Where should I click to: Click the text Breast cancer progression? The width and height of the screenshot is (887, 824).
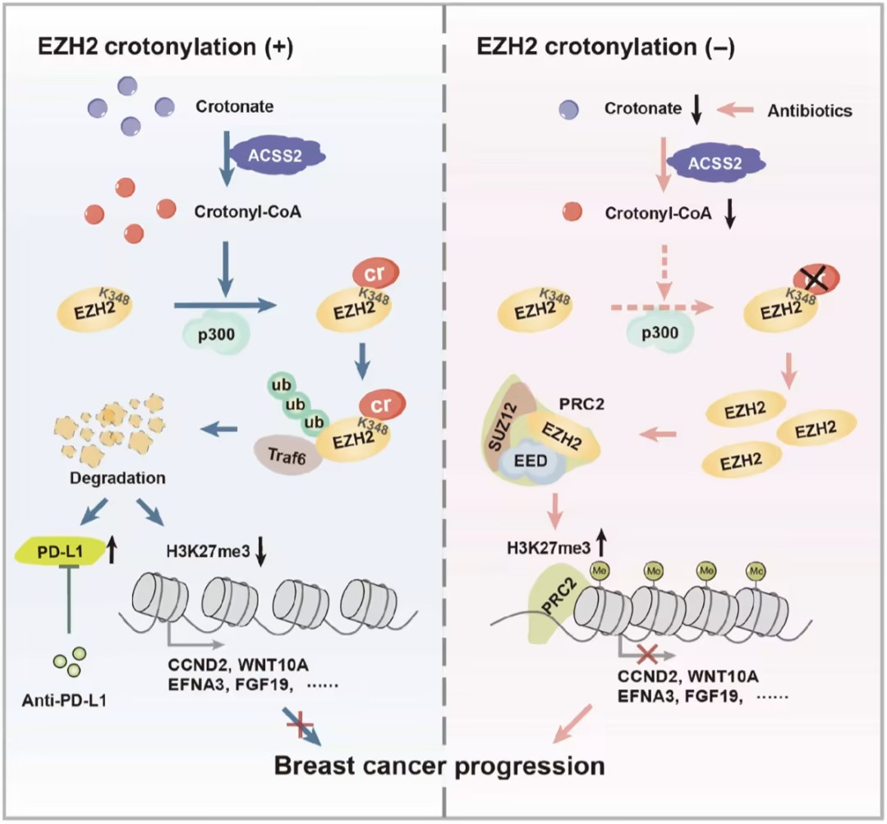coord(439,766)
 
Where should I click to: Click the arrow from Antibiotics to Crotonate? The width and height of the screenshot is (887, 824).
coord(738,108)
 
